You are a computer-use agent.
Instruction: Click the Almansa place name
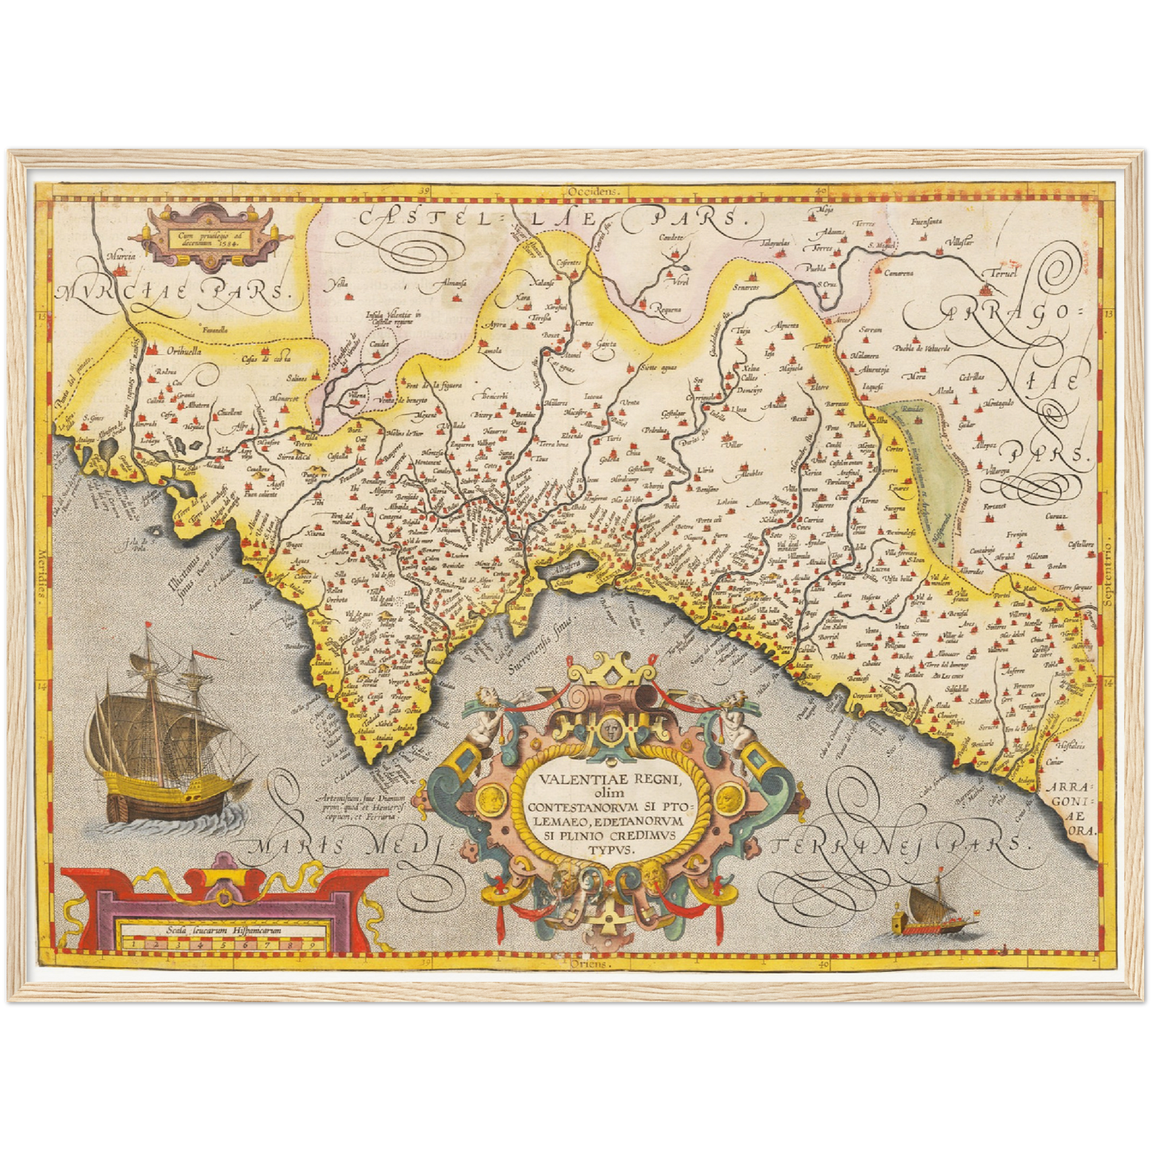pos(451,283)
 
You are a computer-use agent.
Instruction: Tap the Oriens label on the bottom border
pos(591,963)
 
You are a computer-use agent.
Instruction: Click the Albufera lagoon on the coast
pos(568,567)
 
